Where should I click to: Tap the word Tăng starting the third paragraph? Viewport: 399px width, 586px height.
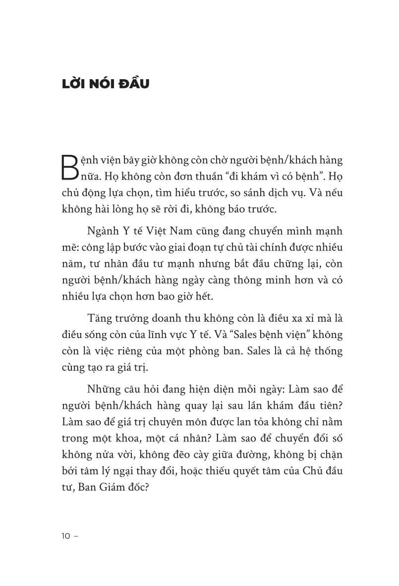click(x=99, y=317)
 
